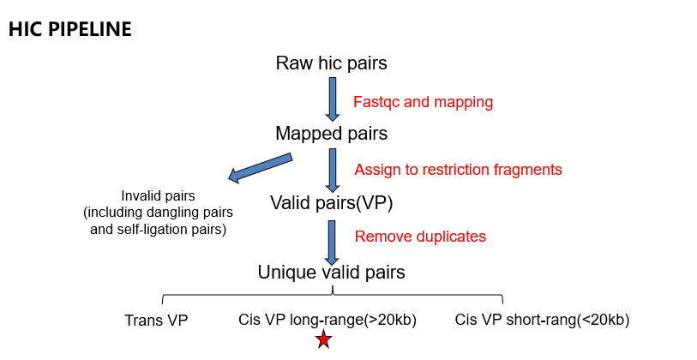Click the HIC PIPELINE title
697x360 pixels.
(70, 29)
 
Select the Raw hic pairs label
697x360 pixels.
(331, 63)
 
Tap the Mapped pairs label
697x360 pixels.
(331, 134)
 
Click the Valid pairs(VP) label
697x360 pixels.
(332, 202)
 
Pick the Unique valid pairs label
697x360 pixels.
(331, 272)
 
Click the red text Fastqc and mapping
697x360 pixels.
(424, 102)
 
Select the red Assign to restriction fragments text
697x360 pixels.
(458, 170)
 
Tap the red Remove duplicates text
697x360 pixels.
(420, 236)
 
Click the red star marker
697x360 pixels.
(323, 339)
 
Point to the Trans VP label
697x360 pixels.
(157, 320)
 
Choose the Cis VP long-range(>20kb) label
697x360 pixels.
(327, 320)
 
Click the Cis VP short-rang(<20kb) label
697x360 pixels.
(542, 320)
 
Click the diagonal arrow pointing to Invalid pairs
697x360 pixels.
(260, 168)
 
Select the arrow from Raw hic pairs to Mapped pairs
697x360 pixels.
(333, 99)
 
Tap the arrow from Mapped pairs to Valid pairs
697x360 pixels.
(333, 171)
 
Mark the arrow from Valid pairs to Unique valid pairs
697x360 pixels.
(332, 243)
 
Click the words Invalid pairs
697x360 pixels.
(158, 196)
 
